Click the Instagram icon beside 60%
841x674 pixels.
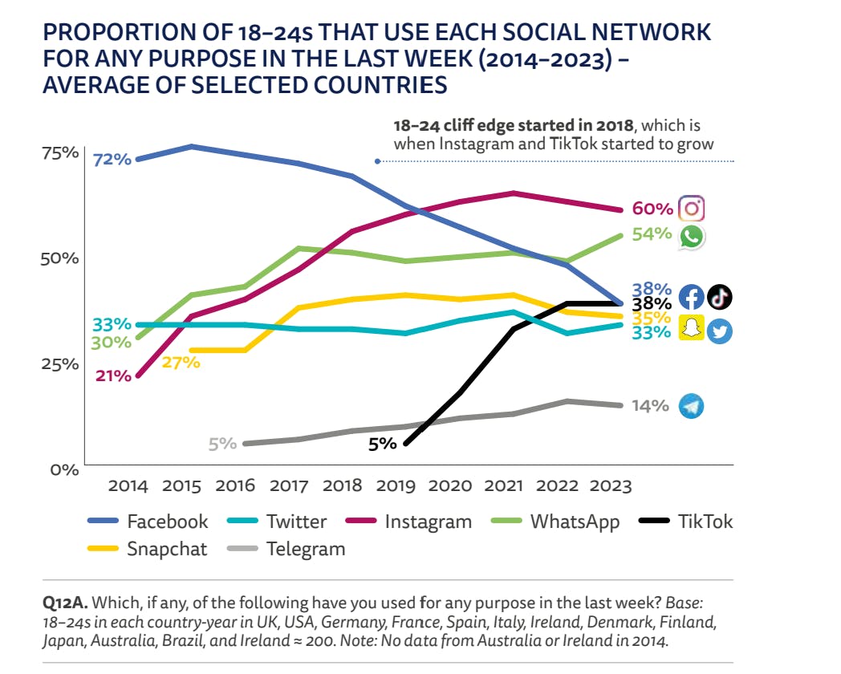pos(692,209)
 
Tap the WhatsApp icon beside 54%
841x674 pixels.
pos(692,236)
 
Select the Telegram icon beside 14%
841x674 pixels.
pos(691,406)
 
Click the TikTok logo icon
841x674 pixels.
pos(719,296)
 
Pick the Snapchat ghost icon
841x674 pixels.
pos(692,327)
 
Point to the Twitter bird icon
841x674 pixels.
pos(720,331)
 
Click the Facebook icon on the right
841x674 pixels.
pos(692,297)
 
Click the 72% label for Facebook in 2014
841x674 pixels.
pos(112,160)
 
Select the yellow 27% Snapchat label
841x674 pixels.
pos(181,362)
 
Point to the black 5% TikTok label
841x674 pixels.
pos(382,443)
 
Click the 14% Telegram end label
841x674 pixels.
pos(650,406)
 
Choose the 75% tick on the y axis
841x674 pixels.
pos(59,152)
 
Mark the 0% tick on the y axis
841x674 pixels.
pos(64,469)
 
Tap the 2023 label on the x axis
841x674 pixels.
pos(611,485)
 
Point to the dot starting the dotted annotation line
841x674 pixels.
pos(378,161)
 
